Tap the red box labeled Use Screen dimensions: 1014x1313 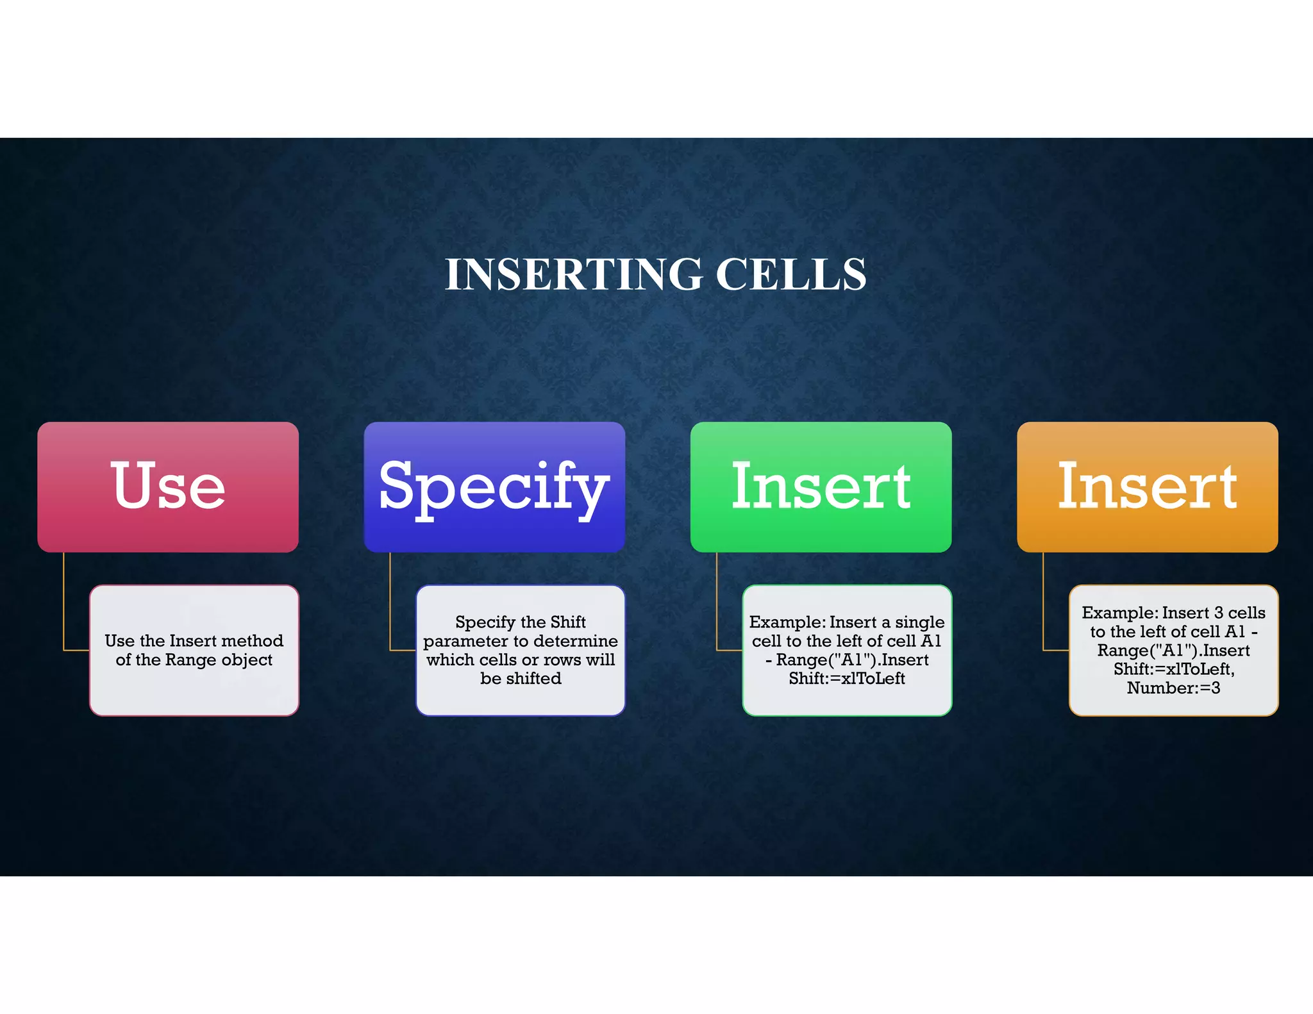coord(168,486)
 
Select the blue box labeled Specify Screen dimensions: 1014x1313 coord(494,486)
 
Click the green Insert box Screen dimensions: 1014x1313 coord(821,486)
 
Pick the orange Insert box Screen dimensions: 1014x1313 coord(1147,486)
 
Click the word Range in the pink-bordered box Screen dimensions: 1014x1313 coord(190,660)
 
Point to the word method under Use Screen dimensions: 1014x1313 coord(252,640)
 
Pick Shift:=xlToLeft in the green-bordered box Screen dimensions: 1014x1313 coord(846,678)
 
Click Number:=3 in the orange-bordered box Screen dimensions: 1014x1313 coord(1173,688)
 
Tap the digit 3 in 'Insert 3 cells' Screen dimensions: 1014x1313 coord(1218,613)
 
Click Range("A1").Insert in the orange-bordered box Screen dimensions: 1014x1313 coord(1173,650)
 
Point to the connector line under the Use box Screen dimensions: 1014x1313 coord(63,603)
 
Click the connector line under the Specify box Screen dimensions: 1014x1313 coord(390,603)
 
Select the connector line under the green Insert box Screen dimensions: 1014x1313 coord(717,603)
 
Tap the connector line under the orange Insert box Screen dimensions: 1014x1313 coord(1043,603)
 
